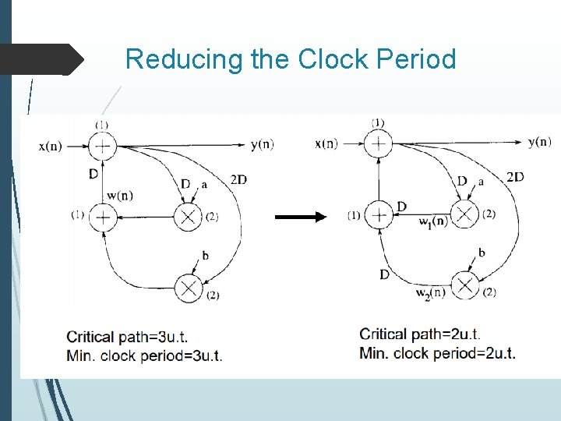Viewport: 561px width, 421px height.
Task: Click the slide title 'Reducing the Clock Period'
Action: pyautogui.click(x=290, y=59)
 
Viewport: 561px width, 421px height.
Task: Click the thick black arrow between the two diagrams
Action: pyautogui.click(x=302, y=217)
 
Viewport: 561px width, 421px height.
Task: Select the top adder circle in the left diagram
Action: pyautogui.click(x=102, y=144)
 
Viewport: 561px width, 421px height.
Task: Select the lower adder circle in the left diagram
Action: pyautogui.click(x=102, y=216)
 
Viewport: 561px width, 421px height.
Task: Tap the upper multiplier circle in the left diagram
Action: pyautogui.click(x=188, y=216)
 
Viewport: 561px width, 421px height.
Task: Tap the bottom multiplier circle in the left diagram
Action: pyautogui.click(x=188, y=288)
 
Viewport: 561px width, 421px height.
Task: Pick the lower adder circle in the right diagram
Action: pyautogui.click(x=378, y=214)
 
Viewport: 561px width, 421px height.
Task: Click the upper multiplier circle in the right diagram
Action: pyautogui.click(x=464, y=214)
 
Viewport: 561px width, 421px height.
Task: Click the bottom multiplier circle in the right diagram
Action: pyautogui.click(x=465, y=285)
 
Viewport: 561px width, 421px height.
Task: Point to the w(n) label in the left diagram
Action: pyautogui.click(x=120, y=195)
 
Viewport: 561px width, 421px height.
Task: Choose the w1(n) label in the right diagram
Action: pyautogui.click(x=432, y=222)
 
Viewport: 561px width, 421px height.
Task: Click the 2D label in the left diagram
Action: pyautogui.click(x=238, y=180)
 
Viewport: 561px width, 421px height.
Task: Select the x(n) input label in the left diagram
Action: pyautogui.click(x=53, y=145)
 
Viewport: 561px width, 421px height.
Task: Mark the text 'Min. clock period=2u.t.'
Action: pyautogui.click(x=437, y=353)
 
